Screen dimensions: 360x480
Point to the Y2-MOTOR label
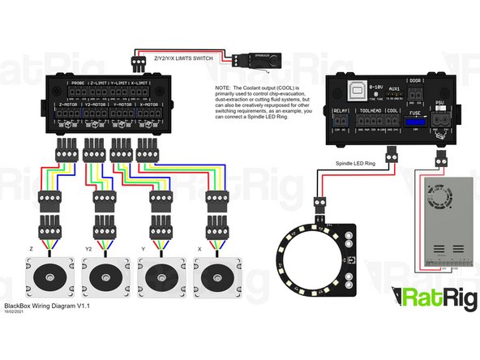click(97, 104)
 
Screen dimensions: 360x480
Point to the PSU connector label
click(440, 104)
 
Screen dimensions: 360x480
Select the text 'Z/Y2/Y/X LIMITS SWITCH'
click(184, 59)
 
